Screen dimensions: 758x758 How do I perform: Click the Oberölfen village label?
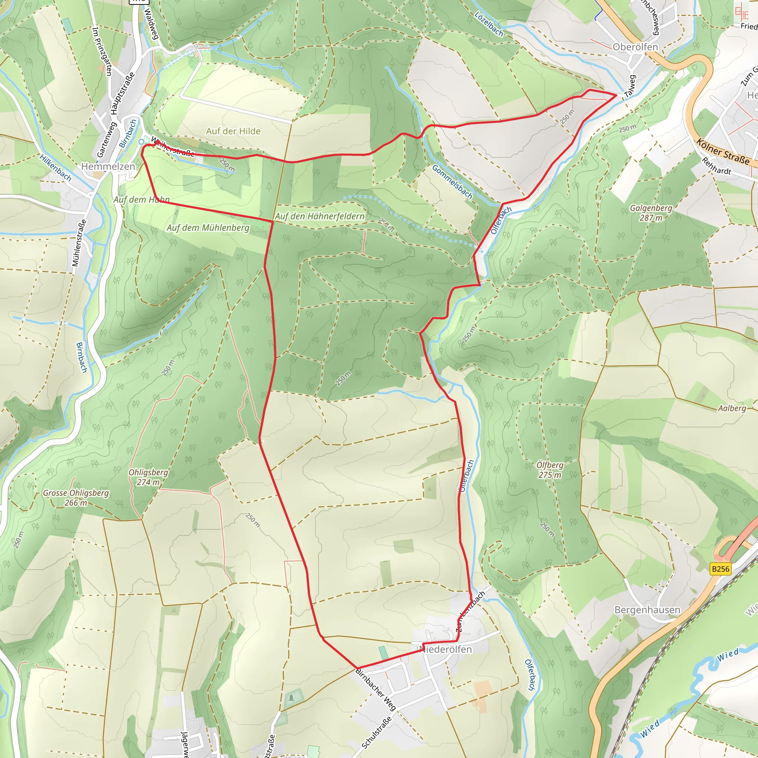pos(635,47)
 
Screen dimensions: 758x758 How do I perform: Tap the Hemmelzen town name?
pos(108,166)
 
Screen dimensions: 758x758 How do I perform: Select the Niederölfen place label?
pos(446,649)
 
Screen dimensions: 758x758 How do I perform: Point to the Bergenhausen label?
pos(647,610)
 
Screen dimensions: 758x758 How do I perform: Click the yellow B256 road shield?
pos(720,569)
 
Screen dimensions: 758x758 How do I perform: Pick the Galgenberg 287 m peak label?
pos(651,213)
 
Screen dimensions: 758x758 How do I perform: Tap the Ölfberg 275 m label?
pos(550,470)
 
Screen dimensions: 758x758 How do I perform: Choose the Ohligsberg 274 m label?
pos(148,477)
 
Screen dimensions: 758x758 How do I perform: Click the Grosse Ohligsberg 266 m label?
pos(76,497)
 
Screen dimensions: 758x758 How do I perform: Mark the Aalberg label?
pos(732,409)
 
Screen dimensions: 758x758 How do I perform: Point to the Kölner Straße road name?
pos(723,151)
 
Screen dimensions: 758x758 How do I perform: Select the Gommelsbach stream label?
pos(452,182)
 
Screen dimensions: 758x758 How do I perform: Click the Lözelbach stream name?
pos(489,24)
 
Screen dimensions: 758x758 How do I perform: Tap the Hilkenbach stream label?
pos(55,168)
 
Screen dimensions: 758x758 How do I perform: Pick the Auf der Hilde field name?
pos(233,131)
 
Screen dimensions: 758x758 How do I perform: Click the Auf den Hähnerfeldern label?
pos(319,216)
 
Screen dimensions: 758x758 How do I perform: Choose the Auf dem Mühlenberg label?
pos(208,228)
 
